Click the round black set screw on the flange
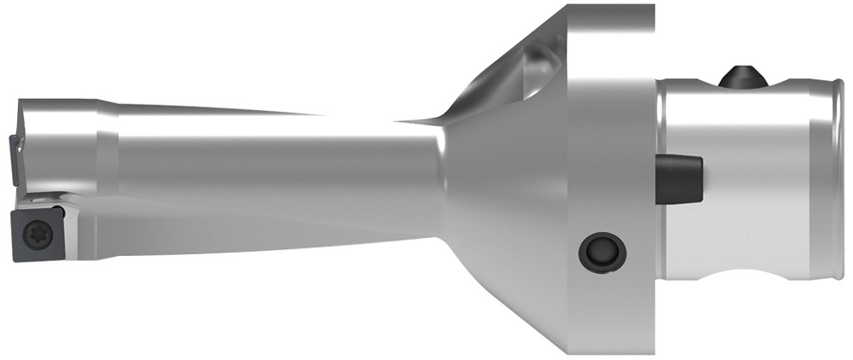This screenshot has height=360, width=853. point(601,252)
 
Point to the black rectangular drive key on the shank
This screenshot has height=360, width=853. point(679,177)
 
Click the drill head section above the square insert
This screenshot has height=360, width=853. point(55,145)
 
